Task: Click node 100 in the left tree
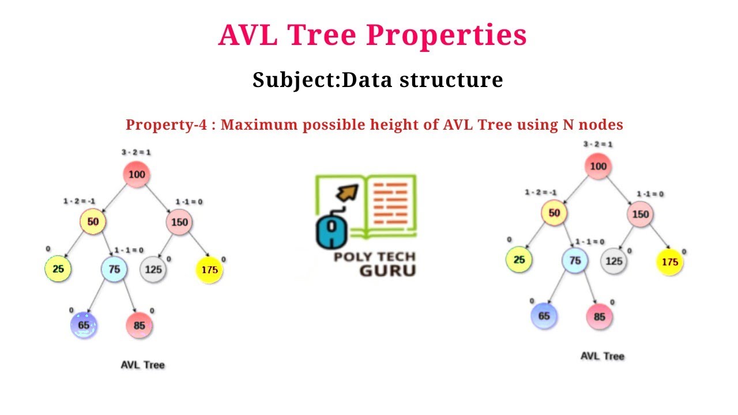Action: [x=137, y=175]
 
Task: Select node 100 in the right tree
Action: [x=598, y=167]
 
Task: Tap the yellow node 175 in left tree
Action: [x=209, y=270]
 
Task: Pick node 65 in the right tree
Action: [x=544, y=316]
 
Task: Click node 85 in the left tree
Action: [x=139, y=325]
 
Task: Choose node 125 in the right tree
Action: [x=613, y=261]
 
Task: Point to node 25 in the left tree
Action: [x=58, y=269]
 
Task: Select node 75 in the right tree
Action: [x=575, y=261]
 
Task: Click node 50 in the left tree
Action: [x=92, y=222]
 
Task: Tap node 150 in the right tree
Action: [x=641, y=214]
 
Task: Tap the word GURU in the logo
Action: [x=387, y=270]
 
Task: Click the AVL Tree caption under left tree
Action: [x=142, y=365]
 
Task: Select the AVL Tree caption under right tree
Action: [x=602, y=356]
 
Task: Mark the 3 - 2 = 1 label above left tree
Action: [x=136, y=152]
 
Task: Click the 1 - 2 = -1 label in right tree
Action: [x=540, y=193]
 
